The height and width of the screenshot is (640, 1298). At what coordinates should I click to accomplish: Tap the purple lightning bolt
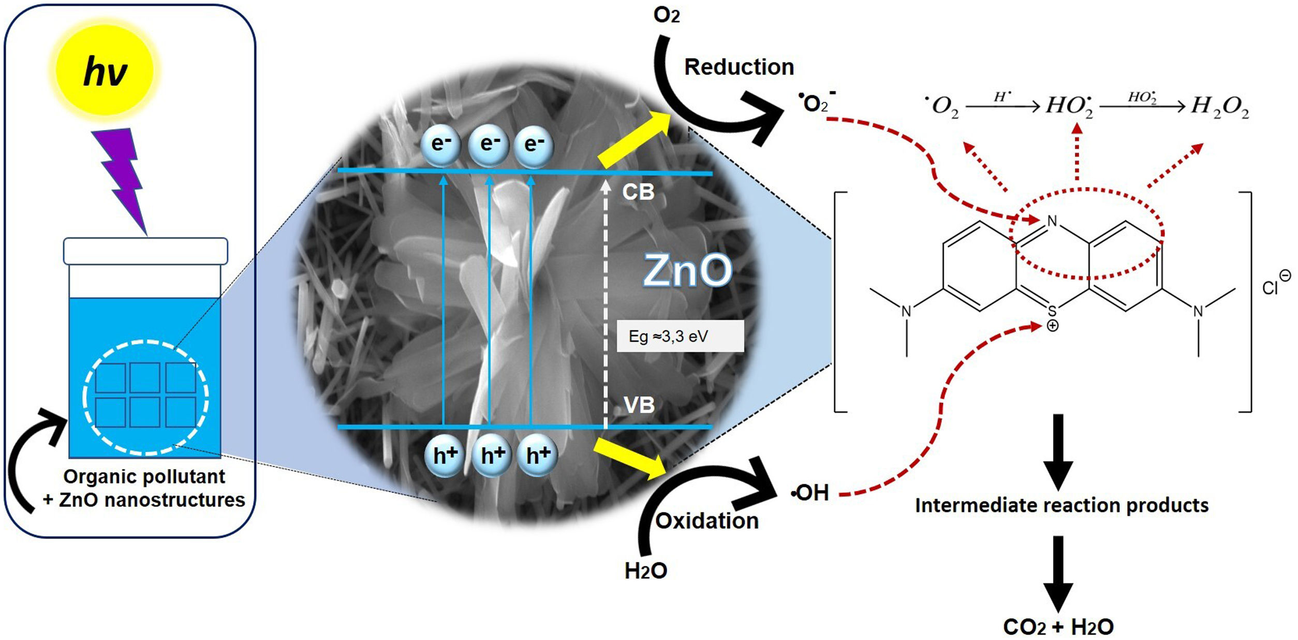(x=122, y=176)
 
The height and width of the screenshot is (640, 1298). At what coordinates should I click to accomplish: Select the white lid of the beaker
(x=145, y=251)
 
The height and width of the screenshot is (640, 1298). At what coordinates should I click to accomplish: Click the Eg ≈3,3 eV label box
(x=680, y=337)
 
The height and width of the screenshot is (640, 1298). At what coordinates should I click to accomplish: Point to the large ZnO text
(x=687, y=270)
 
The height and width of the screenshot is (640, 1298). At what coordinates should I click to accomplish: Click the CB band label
(x=638, y=193)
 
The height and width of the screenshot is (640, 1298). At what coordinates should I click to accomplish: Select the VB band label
(x=639, y=405)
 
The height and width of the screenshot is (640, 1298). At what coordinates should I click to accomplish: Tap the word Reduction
(x=739, y=67)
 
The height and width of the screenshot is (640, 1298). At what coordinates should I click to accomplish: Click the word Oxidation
(x=706, y=521)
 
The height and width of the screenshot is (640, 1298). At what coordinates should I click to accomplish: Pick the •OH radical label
(x=810, y=493)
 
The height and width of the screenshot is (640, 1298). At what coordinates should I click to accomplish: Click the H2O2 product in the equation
(x=1219, y=107)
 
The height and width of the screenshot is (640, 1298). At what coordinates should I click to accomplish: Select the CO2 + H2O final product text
(x=1058, y=627)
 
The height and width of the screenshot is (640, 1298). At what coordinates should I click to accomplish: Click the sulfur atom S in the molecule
(x=1052, y=311)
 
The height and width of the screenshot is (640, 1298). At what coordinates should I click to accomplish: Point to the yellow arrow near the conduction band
(x=635, y=139)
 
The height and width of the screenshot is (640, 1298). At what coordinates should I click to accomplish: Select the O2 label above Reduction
(x=666, y=16)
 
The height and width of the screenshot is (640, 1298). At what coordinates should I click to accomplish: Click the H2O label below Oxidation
(x=645, y=571)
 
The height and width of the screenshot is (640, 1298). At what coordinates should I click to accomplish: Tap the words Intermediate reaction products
(x=1061, y=505)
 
